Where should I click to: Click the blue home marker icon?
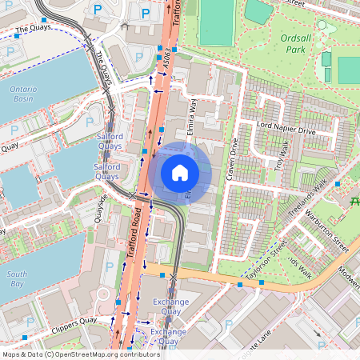click(180, 173)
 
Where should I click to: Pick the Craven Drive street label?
click(233, 159)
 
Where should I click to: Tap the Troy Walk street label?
click(281, 154)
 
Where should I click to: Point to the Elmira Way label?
click(193, 116)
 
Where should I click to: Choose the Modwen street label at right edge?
click(349, 273)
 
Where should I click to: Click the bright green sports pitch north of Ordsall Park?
click(215, 22)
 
